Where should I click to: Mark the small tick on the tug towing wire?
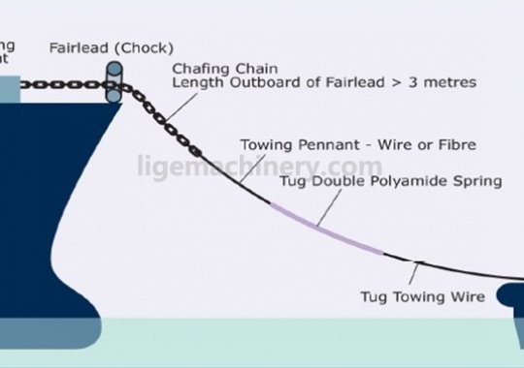click(419, 262)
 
